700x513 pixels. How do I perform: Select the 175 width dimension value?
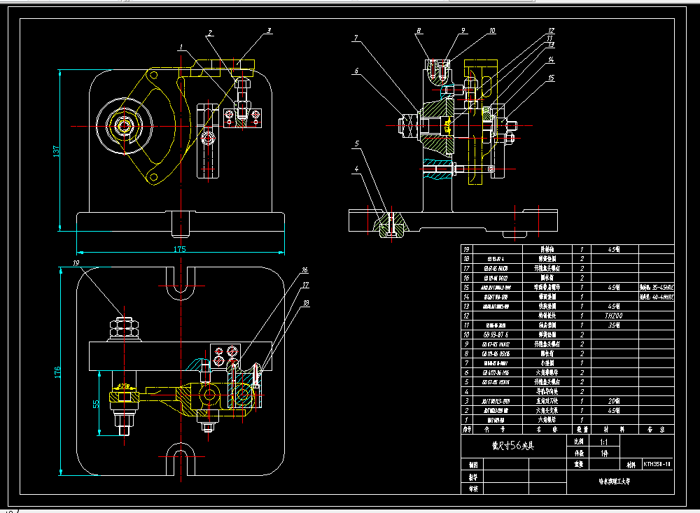point(180,249)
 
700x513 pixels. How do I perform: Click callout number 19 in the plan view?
point(76,263)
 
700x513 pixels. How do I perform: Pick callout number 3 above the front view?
point(268,31)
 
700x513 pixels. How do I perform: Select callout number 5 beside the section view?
point(356,143)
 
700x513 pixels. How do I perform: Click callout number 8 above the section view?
point(418,31)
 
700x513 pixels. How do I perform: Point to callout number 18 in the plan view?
point(306,303)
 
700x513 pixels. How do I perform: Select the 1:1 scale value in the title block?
point(603,443)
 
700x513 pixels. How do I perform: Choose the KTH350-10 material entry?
point(657,463)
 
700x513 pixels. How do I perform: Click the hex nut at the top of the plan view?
point(124,325)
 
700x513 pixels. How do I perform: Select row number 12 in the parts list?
point(466,316)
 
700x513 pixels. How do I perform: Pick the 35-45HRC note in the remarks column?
point(657,287)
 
